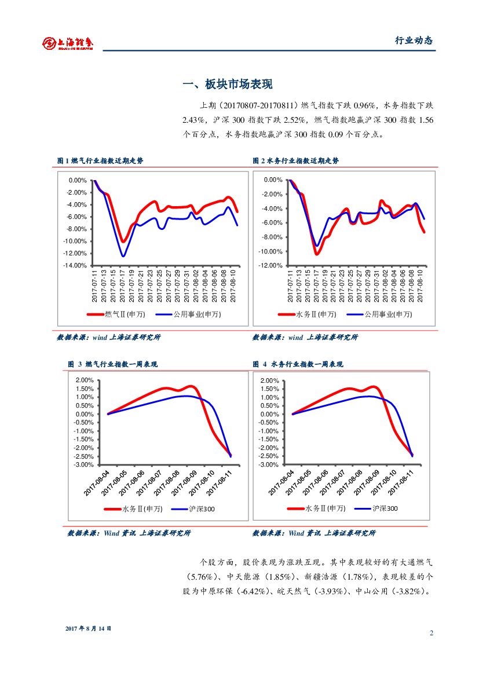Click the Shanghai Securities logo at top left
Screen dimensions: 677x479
pyautogui.click(x=68, y=43)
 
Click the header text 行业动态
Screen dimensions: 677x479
pyautogui.click(x=414, y=41)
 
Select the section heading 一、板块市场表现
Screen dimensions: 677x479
pyautogui.click(x=227, y=85)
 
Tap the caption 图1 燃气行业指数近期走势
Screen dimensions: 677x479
pyautogui.click(x=100, y=161)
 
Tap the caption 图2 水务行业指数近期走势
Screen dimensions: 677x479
pyautogui.click(x=296, y=161)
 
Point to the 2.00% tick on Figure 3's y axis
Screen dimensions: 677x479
pyautogui.click(x=85, y=380)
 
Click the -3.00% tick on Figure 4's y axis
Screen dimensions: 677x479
pyautogui.click(x=269, y=464)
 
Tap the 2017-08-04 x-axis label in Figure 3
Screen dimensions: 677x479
pyautogui.click(x=97, y=484)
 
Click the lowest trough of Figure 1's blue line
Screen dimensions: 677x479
pyautogui.click(x=123, y=255)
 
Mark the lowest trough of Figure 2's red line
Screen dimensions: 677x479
pyautogui.click(x=317, y=254)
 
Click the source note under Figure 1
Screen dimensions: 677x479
pyautogui.click(x=109, y=337)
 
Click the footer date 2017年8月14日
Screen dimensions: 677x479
pyautogui.click(x=88, y=628)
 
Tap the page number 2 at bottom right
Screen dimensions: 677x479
pyautogui.click(x=432, y=632)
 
